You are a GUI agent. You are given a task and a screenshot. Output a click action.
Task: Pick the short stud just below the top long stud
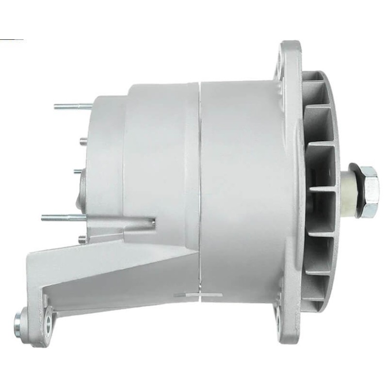pyautogui.click(x=83, y=140)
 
